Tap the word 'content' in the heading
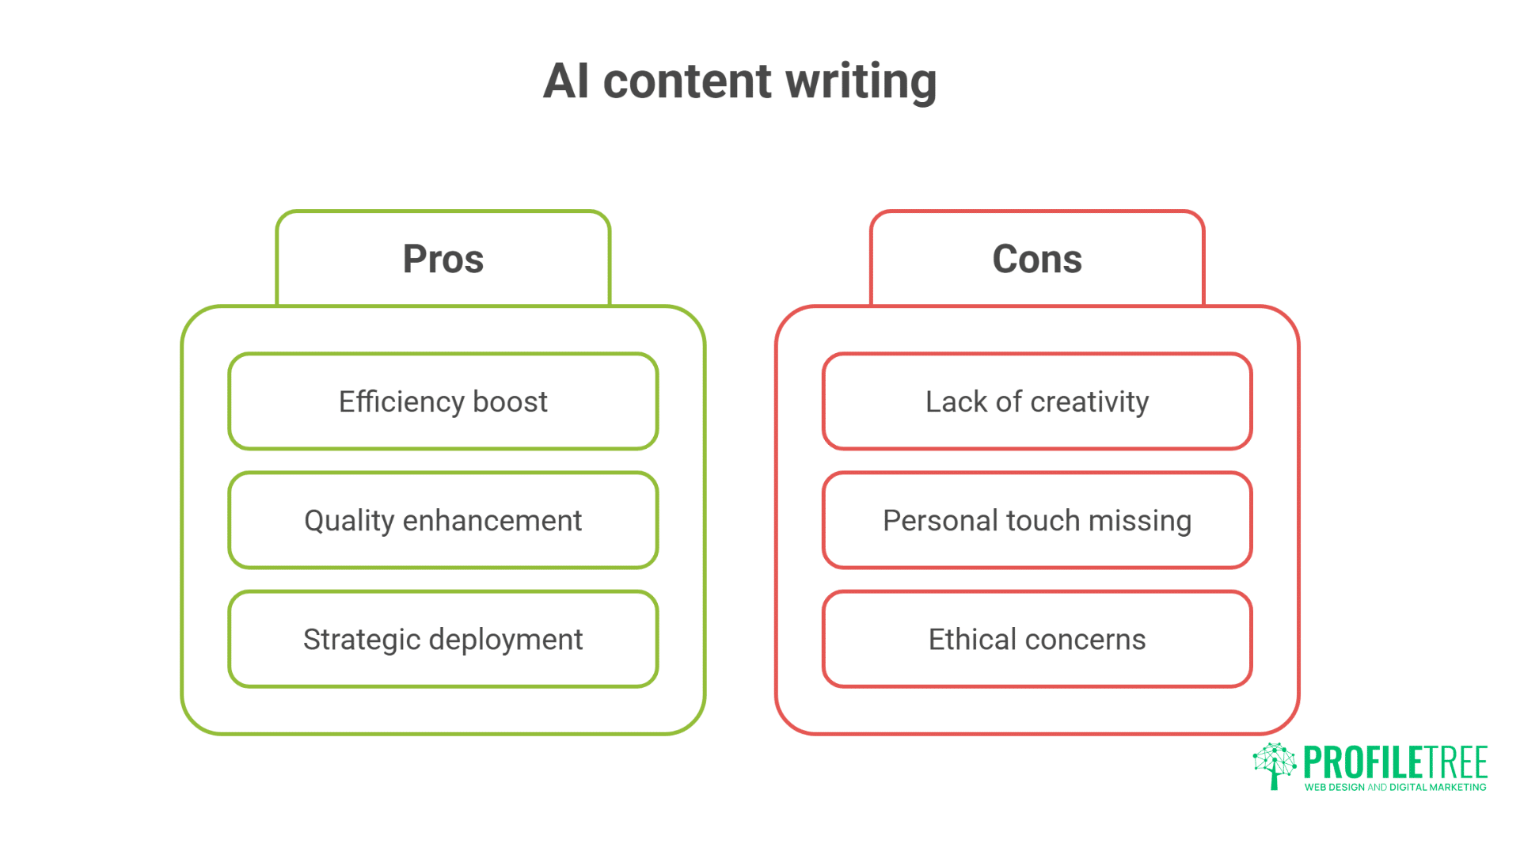pos(686,82)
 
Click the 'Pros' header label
pos(443,259)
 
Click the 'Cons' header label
pos(1037,259)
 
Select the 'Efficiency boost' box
pos(443,401)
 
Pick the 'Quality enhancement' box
pos(443,520)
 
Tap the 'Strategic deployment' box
pos(443,639)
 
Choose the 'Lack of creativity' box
pos(1037,401)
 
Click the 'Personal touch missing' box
pos(1037,520)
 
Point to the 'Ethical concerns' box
pos(1037,639)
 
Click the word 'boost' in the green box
pos(510,401)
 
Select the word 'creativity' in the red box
pos(1089,402)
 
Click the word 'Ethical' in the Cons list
pos(972,639)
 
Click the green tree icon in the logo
pos(1274,765)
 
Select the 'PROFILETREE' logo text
pos(1395,762)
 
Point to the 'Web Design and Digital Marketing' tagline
pos(1395,787)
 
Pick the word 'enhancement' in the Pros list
pos(492,520)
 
